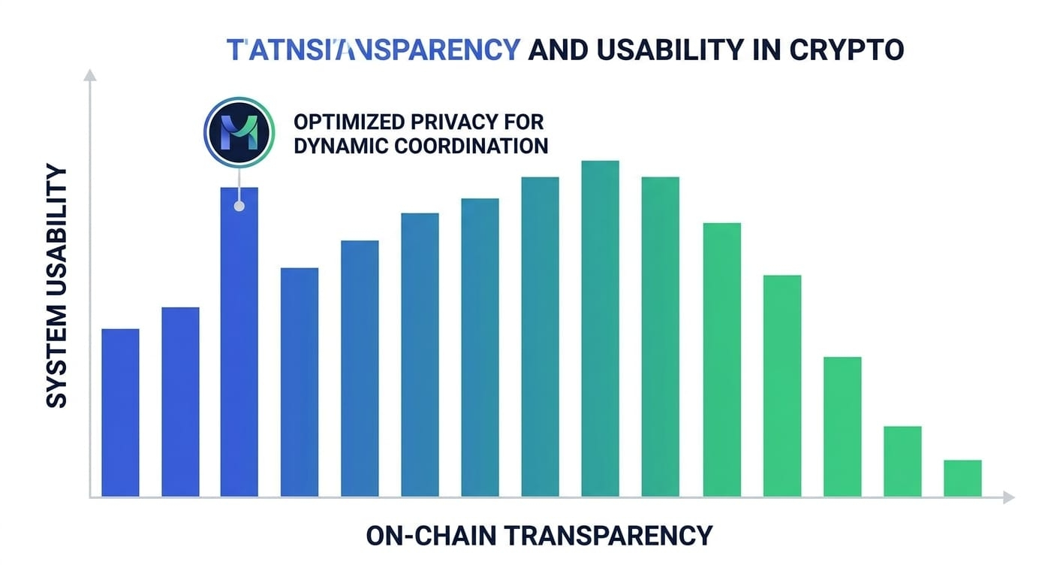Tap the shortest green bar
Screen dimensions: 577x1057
click(962, 478)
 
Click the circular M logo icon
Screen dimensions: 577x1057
click(236, 131)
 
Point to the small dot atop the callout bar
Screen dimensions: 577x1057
click(239, 206)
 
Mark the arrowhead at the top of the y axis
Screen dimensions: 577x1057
click(89, 74)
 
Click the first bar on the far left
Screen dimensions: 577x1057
click(120, 412)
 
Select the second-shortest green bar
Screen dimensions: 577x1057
click(902, 461)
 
